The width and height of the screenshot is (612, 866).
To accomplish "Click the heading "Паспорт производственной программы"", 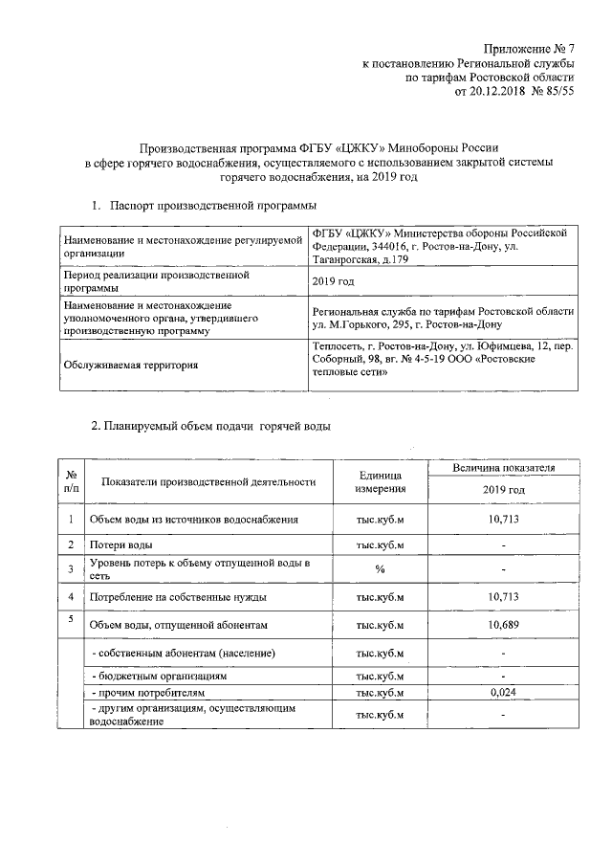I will [212, 206].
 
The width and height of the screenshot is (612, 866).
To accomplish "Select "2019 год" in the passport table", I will [334, 280].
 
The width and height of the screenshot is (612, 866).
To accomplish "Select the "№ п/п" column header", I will [71, 481].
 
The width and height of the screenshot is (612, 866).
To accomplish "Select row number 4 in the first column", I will [71, 596].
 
